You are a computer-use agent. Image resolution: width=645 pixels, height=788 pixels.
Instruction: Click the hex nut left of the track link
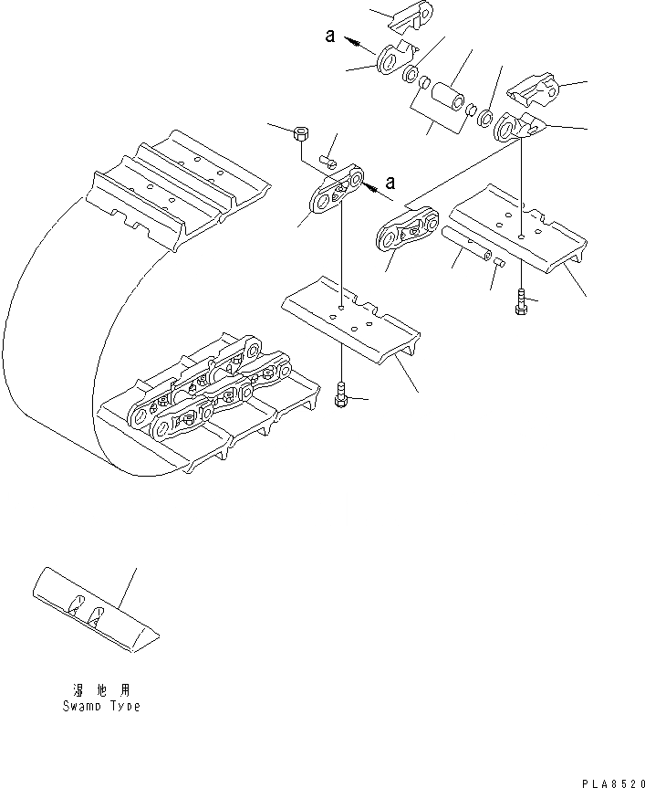pyautogui.click(x=301, y=134)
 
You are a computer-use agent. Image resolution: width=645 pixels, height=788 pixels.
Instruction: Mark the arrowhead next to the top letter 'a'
pyautogui.click(x=354, y=41)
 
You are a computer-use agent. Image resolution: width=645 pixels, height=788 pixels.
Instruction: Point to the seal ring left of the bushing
pyautogui.click(x=411, y=72)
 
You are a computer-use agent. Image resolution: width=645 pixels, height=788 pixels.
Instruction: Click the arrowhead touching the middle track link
pyautogui.click(x=370, y=185)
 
